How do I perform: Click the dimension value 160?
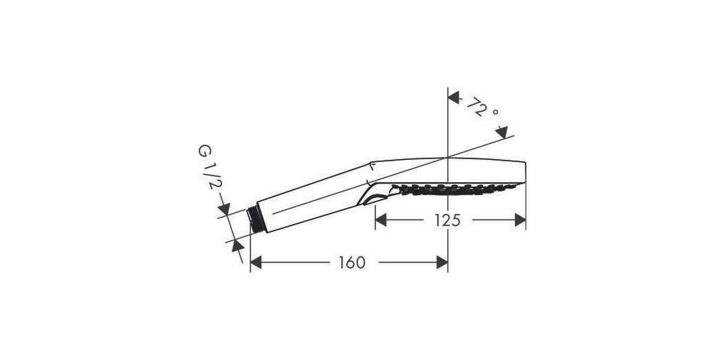tap(351, 263)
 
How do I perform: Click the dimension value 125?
tap(447, 220)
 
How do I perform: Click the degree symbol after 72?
tap(495, 113)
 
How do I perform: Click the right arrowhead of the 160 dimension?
tap(441, 263)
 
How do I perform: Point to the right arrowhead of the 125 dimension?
tap(519, 220)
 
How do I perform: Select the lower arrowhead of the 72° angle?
tap(502, 130)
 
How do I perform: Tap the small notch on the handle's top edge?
tap(372, 166)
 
